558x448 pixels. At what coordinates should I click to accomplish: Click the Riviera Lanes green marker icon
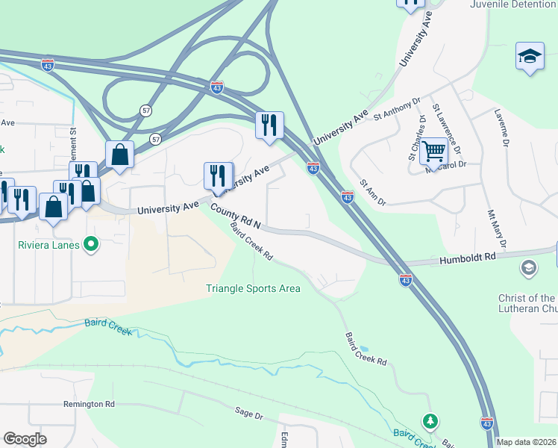coord(91,243)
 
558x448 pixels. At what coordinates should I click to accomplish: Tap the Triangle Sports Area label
coord(253,288)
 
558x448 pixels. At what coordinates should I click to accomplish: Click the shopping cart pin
coord(433,152)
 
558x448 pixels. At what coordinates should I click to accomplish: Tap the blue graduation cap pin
coord(530,57)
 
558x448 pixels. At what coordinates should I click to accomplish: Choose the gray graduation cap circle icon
coord(528,267)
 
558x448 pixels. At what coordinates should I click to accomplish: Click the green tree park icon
coord(430,421)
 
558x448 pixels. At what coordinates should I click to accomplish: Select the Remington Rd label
coord(89,404)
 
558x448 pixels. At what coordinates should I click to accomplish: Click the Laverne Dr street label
coord(501,127)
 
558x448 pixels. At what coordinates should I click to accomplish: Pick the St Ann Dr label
coord(372,192)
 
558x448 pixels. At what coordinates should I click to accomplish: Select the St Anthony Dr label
coord(398,108)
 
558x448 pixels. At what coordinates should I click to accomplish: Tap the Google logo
coord(25,439)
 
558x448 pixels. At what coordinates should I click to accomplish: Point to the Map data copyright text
coord(527,442)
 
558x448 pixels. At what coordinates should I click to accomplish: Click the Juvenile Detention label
coord(513,4)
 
